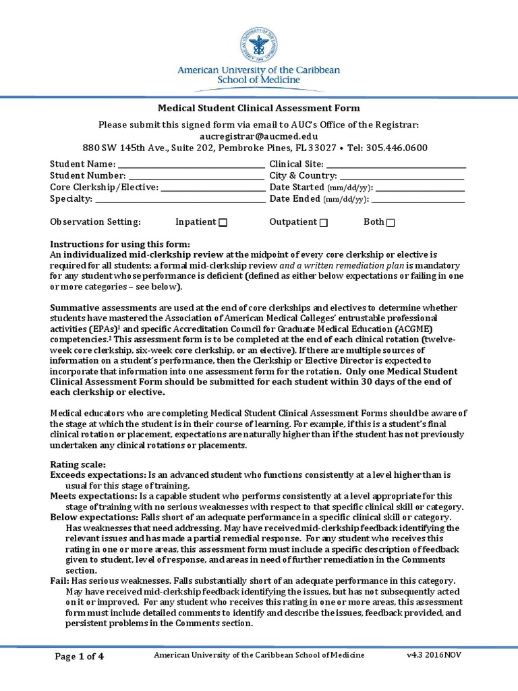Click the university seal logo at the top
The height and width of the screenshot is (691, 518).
point(259,45)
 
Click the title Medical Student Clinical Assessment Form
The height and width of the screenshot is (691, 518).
point(259,108)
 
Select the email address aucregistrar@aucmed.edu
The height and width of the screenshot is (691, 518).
point(259,136)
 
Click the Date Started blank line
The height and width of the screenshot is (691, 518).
point(420,188)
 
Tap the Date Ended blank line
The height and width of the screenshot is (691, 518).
point(418,200)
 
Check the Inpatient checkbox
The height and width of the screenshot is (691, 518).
point(223,223)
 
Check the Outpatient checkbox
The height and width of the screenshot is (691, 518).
point(324,223)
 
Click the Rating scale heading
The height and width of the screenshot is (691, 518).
point(78,465)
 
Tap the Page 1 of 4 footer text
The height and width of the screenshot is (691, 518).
point(78,656)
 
